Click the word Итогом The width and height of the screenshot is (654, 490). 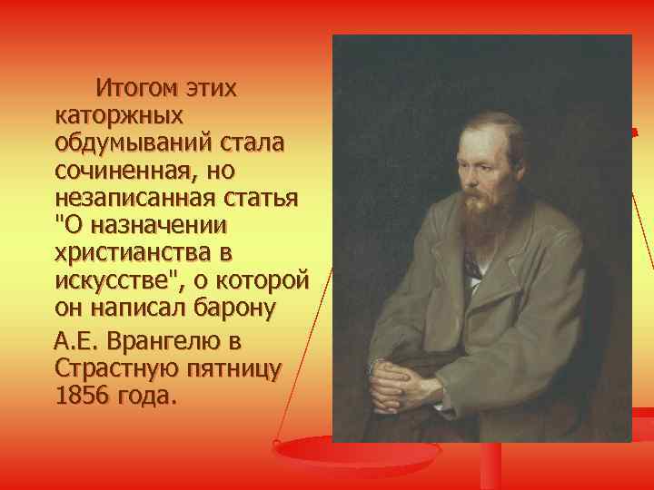pyautogui.click(x=138, y=90)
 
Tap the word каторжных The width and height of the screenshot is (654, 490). pyautogui.click(x=119, y=115)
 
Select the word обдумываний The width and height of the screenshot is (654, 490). pyautogui.click(x=132, y=142)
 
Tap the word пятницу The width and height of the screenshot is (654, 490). pyautogui.click(x=233, y=369)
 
